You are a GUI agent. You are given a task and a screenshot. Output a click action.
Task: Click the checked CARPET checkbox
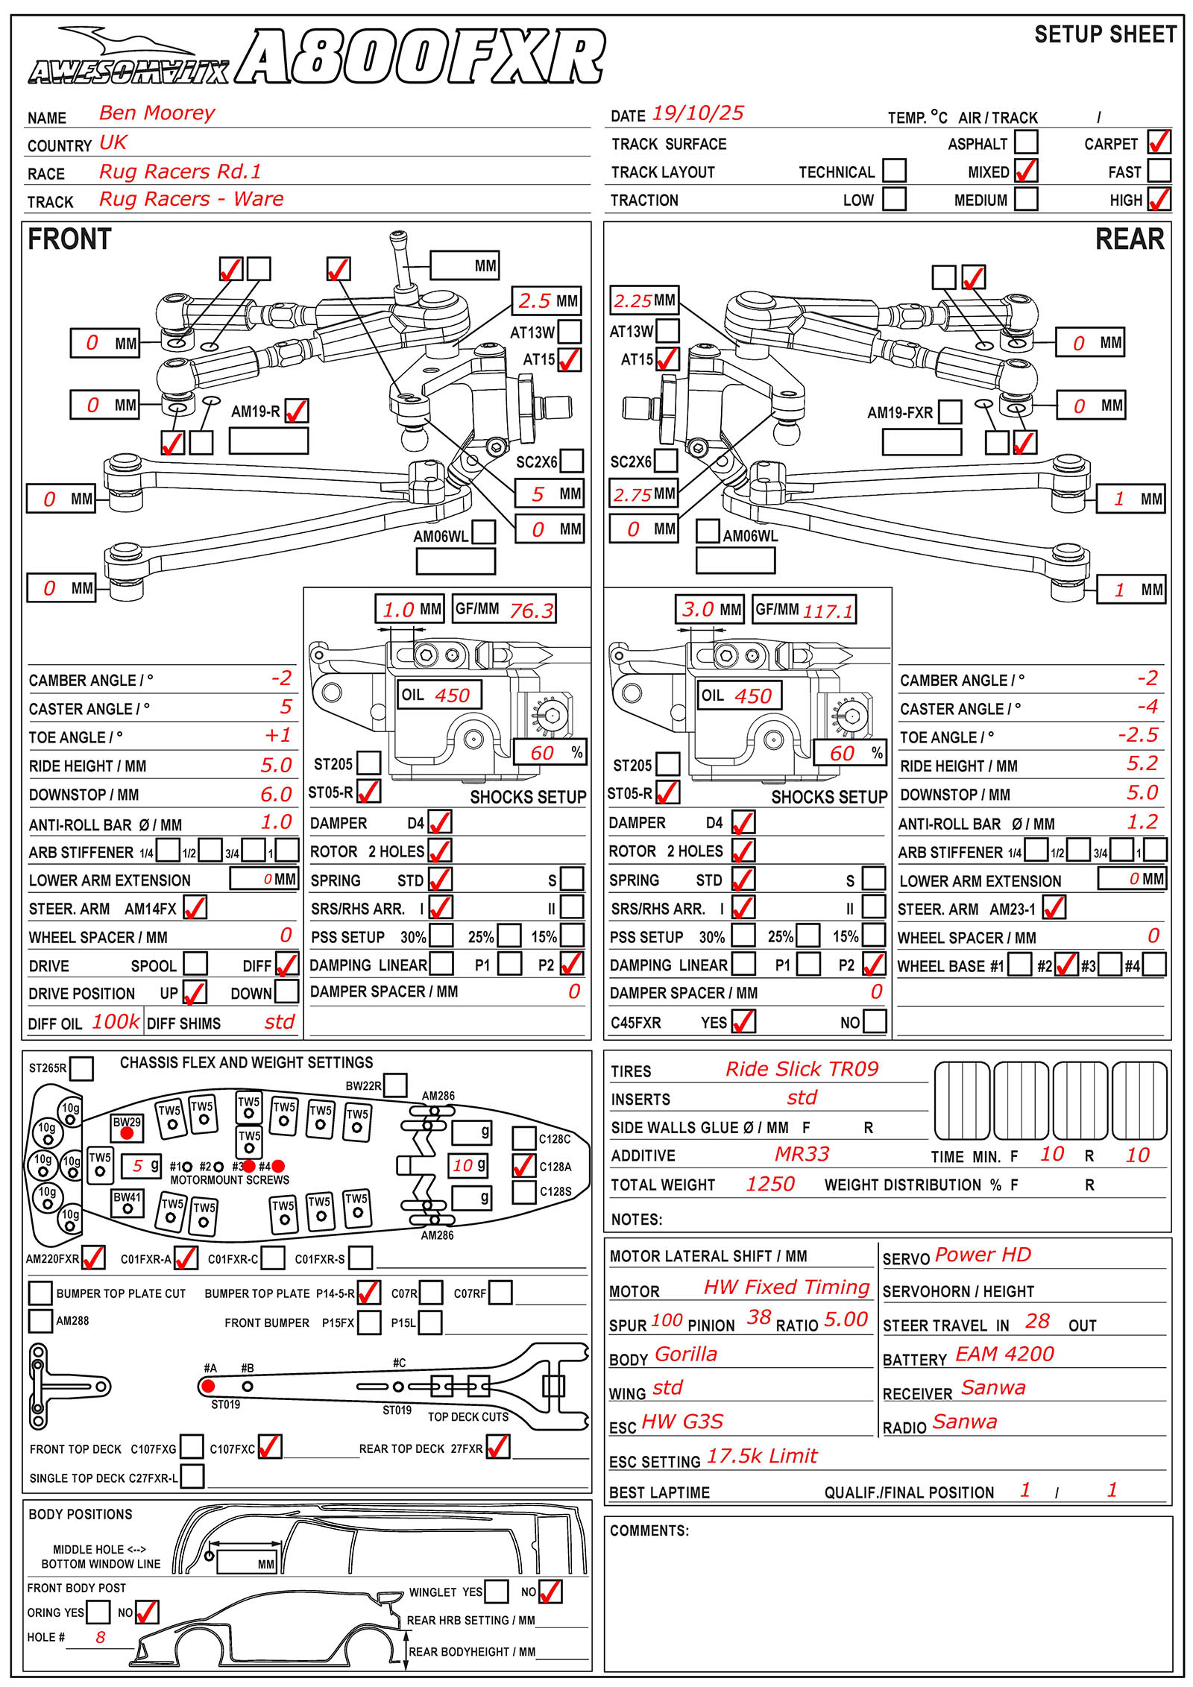1159,142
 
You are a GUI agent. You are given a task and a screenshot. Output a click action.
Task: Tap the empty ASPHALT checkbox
1026,142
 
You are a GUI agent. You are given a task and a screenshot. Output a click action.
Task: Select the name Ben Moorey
157,113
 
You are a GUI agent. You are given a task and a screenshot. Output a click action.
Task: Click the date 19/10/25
698,113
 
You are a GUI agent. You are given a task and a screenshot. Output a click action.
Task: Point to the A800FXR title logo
421,57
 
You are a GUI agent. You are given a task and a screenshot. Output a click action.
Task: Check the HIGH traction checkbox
1159,199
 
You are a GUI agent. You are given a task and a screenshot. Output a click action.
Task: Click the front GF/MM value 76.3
531,611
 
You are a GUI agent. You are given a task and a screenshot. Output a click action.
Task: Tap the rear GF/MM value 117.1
828,611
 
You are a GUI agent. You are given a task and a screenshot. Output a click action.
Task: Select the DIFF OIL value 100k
116,1021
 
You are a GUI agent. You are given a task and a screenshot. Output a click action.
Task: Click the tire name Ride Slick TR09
802,1069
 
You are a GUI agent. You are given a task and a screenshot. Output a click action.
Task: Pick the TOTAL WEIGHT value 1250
770,1184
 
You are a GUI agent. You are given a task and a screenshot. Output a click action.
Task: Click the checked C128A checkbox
524,1166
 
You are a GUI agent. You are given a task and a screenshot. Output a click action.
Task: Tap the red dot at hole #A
208,1387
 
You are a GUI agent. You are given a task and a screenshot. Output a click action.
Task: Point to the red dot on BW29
127,1133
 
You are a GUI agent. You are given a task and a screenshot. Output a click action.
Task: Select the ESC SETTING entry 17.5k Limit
761,1456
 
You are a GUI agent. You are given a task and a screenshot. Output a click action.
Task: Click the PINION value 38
759,1318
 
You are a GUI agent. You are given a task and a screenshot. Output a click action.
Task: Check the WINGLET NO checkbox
550,1592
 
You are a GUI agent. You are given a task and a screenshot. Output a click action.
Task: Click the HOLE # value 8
101,1637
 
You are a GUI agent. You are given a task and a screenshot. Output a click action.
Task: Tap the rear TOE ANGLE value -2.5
1138,735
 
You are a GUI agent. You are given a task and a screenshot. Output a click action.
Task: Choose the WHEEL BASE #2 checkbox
1066,965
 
